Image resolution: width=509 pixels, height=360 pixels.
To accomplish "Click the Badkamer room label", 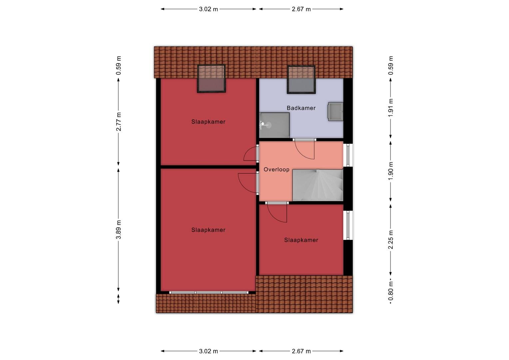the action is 301,108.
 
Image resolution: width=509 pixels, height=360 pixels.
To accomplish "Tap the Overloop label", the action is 276,169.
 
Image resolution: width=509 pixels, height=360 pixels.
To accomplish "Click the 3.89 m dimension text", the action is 119,230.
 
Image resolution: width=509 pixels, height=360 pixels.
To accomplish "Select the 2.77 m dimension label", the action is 119,122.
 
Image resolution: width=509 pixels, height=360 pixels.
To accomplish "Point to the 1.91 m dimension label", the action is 391,108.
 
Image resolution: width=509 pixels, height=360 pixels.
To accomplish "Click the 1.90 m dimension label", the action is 391,171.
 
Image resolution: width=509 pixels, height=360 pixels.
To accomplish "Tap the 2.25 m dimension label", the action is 391,240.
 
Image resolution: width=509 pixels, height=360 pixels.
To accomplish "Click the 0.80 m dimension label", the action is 391,291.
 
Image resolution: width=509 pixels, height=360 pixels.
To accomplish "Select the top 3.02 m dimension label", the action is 209,9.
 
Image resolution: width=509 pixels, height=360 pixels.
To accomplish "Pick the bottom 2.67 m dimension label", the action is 301,351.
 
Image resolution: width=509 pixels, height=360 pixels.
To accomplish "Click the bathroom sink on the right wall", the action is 335,111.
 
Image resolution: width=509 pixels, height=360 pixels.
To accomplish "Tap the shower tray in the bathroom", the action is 274,125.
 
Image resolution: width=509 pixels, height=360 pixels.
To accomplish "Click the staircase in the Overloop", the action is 318,185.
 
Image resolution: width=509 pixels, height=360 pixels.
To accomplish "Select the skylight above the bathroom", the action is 301,79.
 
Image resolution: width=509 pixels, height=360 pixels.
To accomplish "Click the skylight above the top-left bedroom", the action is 211,78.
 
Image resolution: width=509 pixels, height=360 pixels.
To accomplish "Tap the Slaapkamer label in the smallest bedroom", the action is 301,240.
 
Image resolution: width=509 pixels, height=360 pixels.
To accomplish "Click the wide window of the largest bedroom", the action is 209,293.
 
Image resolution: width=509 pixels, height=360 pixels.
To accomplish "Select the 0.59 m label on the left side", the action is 119,65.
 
